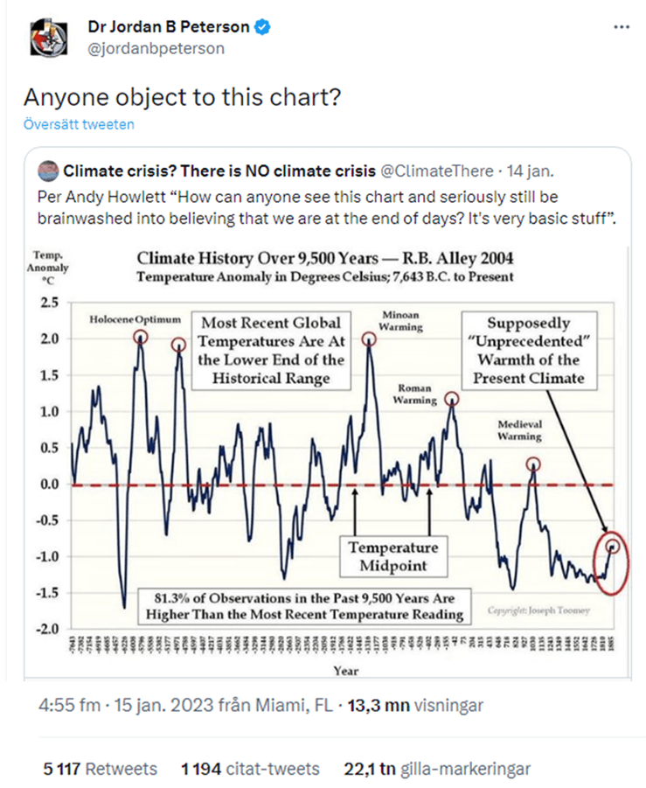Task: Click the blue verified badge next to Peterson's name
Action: point(262,27)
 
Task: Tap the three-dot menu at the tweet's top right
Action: point(622,27)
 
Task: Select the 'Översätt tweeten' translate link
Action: point(80,124)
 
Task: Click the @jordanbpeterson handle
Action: point(156,48)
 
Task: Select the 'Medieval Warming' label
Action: point(520,429)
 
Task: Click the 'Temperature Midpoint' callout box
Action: point(392,555)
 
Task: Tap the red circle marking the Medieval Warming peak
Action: point(533,464)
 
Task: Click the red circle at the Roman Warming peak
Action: point(452,398)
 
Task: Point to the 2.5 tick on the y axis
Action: point(49,303)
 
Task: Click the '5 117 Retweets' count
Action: point(101,770)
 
